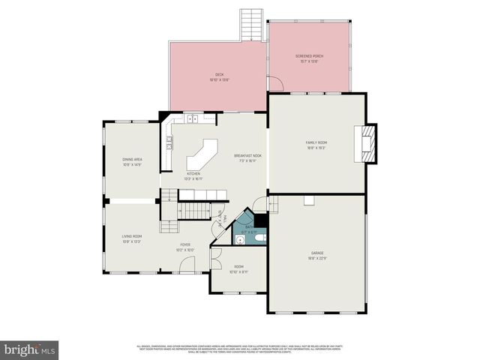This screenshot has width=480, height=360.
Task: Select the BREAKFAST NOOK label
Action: (247, 157)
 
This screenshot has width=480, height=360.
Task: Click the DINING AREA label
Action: (133, 161)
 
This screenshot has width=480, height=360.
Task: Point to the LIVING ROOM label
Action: (132, 239)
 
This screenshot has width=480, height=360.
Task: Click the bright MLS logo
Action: (30, 349)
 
